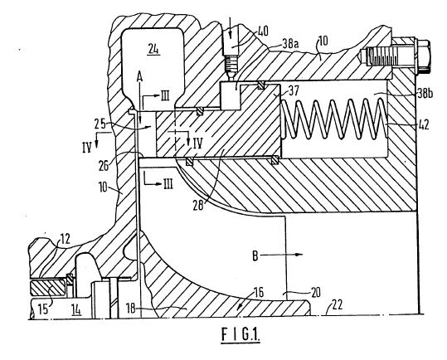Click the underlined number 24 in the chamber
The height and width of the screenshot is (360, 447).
[x=153, y=50]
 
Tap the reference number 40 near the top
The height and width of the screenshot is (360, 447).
[x=263, y=31]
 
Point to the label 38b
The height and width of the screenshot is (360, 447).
[x=425, y=93]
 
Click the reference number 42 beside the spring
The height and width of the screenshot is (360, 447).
[x=423, y=124]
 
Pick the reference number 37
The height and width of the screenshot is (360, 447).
[x=294, y=91]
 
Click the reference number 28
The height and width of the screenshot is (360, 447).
[x=198, y=205]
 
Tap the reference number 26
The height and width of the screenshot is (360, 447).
[x=104, y=165]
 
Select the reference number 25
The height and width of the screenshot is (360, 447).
[x=100, y=124]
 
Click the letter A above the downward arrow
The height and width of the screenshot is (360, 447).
[x=139, y=77]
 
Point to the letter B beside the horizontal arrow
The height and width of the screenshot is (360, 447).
[x=255, y=255]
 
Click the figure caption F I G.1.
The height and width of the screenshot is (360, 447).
[x=241, y=334]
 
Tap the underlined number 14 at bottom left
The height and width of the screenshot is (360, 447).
[x=76, y=309]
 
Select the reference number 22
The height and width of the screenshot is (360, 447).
[x=337, y=305]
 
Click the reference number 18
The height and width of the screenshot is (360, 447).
[x=131, y=308]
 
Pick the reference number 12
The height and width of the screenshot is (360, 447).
[x=66, y=239]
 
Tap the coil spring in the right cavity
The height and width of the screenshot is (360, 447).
[x=334, y=119]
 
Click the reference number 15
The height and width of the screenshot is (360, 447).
[x=43, y=309]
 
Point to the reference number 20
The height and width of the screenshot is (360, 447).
[x=315, y=292]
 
